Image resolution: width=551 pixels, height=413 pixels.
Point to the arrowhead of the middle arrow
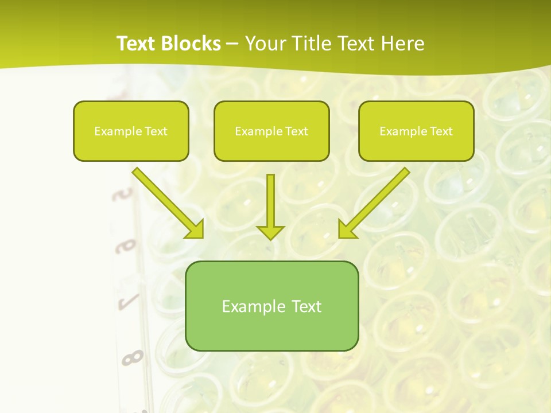pos(270,232)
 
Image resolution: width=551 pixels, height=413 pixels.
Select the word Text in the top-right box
pos(441,131)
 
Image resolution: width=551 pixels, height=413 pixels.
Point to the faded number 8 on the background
pos(132,358)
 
